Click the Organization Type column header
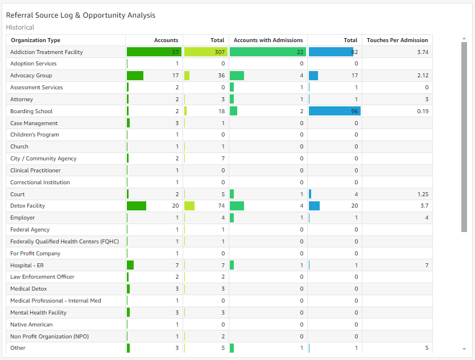point(35,40)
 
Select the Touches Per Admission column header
point(397,40)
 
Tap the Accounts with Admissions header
point(268,40)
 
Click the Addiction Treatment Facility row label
point(47,52)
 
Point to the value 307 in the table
point(218,52)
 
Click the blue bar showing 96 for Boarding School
point(334,111)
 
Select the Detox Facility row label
point(27,206)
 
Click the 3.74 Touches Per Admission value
point(422,52)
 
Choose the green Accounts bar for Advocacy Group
point(135,76)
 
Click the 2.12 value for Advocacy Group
point(422,76)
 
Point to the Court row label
point(18,195)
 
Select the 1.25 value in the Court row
point(422,195)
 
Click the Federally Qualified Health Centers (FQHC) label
point(64,242)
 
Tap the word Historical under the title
point(20,27)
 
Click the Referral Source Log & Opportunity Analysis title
point(80,15)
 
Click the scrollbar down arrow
point(464,349)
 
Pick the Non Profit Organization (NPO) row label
point(49,337)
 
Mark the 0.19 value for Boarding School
point(422,111)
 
